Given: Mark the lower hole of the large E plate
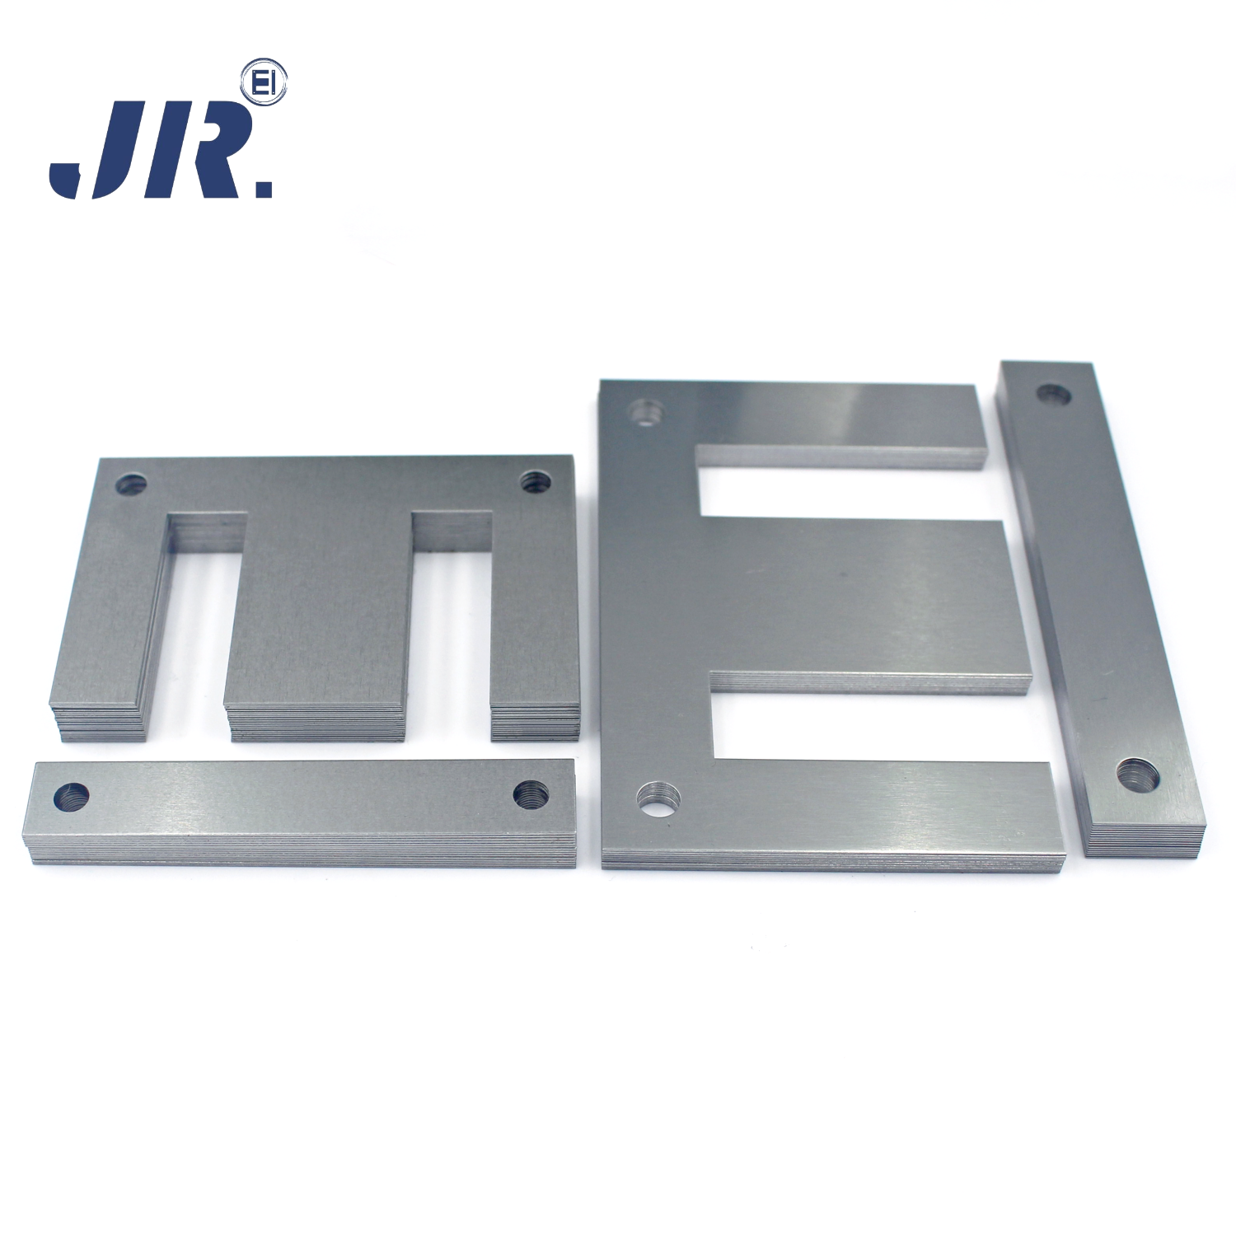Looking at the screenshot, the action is pyautogui.click(x=659, y=799).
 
